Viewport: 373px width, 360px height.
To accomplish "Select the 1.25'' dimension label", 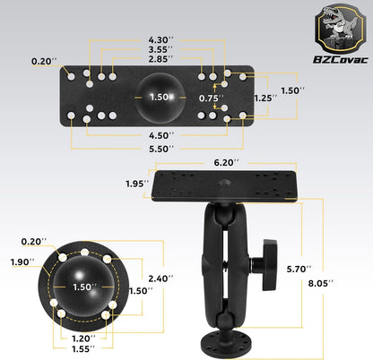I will [x=261, y=97].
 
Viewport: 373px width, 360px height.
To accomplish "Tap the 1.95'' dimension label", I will [x=136, y=184].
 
